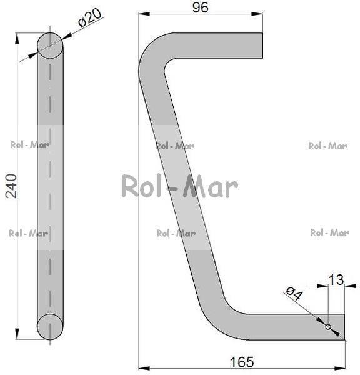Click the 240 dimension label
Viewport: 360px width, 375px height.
pyautogui.click(x=11, y=186)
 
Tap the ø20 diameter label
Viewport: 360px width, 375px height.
pyautogui.click(x=90, y=17)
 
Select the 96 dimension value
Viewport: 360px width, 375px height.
pyautogui.click(x=201, y=7)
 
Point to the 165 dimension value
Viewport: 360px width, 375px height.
pyautogui.click(x=242, y=362)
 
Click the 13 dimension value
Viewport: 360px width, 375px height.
pyautogui.click(x=336, y=280)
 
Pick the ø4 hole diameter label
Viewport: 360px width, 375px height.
pyautogui.click(x=294, y=294)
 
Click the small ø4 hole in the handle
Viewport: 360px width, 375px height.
pyautogui.click(x=328, y=327)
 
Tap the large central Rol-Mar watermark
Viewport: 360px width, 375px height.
pyautogui.click(x=180, y=186)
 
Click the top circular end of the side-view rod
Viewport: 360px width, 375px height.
pyautogui.click(x=50, y=46)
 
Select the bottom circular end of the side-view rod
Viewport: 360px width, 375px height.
pyautogui.click(x=50, y=327)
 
